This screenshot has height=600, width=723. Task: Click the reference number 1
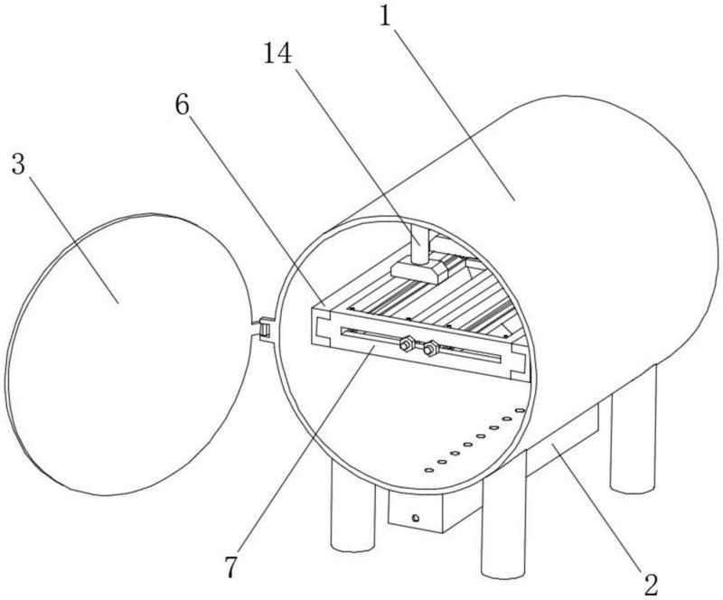(x=385, y=17)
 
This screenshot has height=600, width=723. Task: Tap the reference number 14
(x=277, y=53)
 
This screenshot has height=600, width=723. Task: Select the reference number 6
(x=183, y=106)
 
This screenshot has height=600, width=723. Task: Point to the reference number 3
(x=18, y=164)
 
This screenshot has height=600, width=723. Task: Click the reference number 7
(x=231, y=567)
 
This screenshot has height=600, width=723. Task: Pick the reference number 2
(x=651, y=585)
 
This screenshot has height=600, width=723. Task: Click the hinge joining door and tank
(x=264, y=328)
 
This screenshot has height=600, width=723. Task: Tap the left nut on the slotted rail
(x=407, y=343)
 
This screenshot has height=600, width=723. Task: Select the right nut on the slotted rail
(x=431, y=349)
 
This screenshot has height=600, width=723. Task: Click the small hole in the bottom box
(x=416, y=519)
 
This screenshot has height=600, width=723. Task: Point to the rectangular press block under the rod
(x=419, y=270)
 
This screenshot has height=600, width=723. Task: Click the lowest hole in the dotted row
(x=428, y=471)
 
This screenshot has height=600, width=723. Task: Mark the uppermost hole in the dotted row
(x=520, y=410)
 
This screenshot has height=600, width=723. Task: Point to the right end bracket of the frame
(x=519, y=363)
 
